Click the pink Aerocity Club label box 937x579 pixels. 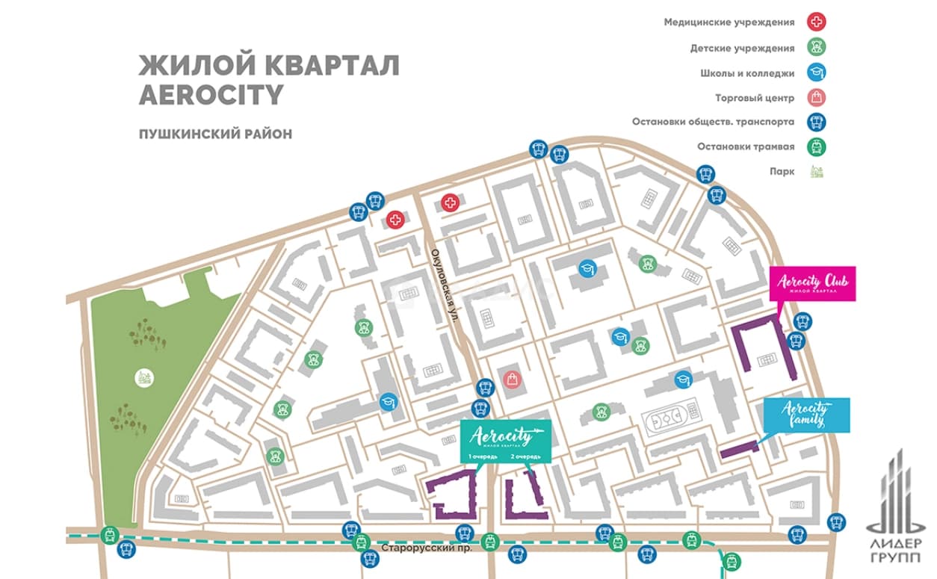[812, 283]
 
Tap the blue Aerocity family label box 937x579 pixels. [806, 415]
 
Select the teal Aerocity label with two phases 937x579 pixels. [506, 441]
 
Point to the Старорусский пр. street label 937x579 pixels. [427, 548]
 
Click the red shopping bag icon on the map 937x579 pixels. [512, 380]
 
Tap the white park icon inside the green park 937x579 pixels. [144, 378]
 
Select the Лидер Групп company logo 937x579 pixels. [896, 507]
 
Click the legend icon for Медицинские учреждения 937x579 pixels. [816, 22]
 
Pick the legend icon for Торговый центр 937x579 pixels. [816, 97]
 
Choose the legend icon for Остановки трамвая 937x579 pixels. [816, 147]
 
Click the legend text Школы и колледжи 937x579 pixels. [747, 74]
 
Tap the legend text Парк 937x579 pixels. [782, 172]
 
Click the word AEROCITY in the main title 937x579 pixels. [211, 95]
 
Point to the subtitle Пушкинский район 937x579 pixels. [215, 134]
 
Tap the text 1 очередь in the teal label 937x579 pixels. [483, 456]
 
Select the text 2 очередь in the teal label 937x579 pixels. [525, 456]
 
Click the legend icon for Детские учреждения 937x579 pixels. [816, 47]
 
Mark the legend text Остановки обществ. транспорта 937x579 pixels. [713, 122]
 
